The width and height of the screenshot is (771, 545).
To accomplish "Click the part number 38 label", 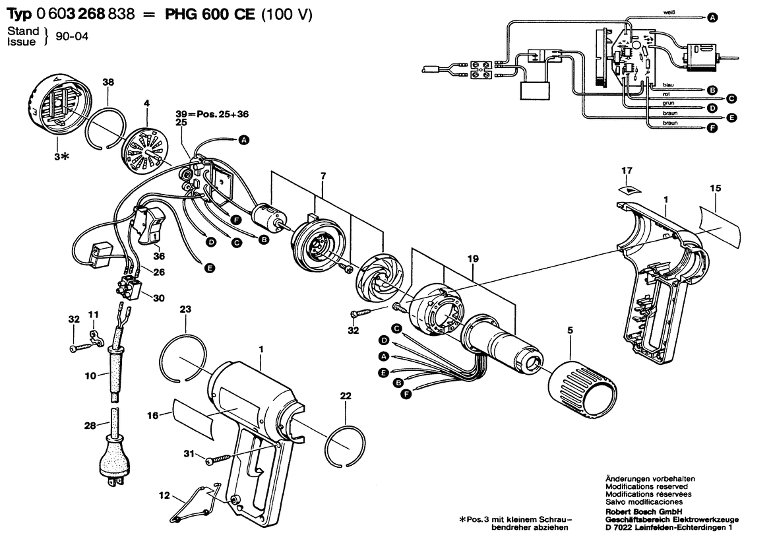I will click(x=108, y=82).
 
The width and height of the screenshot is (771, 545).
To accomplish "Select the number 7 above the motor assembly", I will click(x=323, y=176).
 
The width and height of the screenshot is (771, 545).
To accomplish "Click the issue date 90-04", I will click(x=72, y=37).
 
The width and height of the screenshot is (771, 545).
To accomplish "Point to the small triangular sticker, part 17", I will click(x=629, y=189).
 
